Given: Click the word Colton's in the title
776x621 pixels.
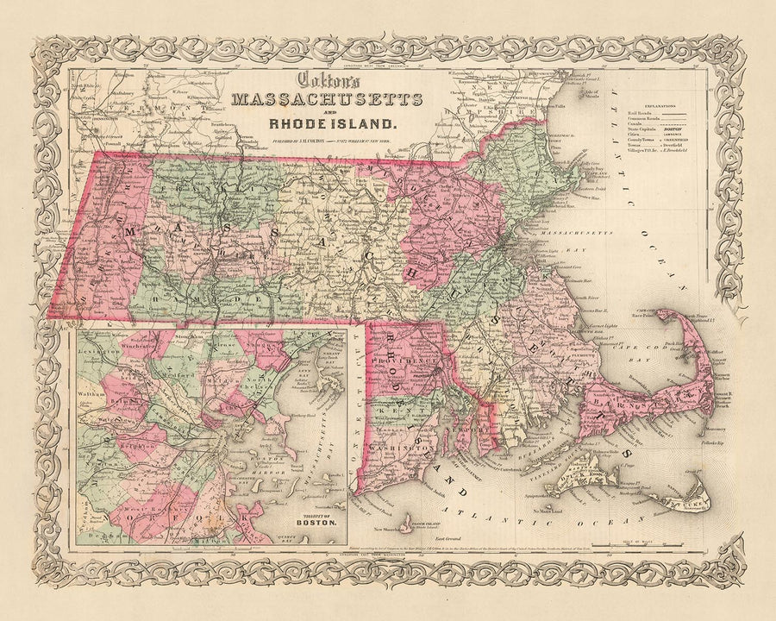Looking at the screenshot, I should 324,78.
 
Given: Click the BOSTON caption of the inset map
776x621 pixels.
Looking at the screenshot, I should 316,523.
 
